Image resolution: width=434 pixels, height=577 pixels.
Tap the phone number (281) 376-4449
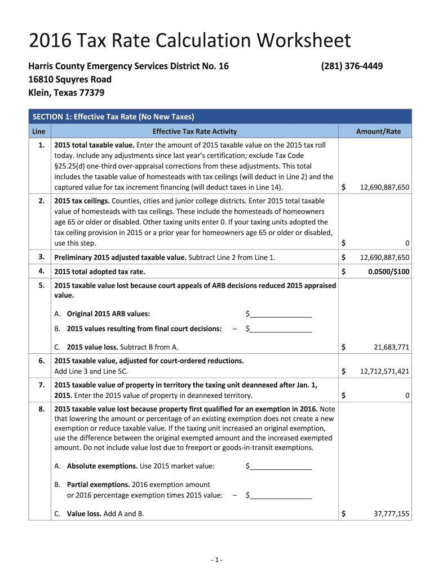tap(352, 66)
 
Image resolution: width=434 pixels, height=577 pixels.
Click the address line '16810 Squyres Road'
tap(70, 79)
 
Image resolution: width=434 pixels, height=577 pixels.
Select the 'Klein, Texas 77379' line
tap(66, 92)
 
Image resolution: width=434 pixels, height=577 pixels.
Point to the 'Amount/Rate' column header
tap(378, 131)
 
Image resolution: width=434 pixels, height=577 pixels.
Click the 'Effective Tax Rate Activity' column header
tap(194, 131)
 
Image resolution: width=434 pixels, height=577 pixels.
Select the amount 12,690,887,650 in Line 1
tap(384, 187)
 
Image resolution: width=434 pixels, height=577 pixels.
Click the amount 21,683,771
tap(391, 347)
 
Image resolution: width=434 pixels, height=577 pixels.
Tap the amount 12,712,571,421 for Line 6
tap(384, 371)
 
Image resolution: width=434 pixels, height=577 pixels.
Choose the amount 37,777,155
tap(391, 514)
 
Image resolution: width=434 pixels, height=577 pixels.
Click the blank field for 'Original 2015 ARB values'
tap(281, 314)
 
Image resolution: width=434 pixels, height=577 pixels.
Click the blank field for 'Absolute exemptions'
tap(281, 466)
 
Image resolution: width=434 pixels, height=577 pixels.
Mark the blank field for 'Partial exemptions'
tap(281, 496)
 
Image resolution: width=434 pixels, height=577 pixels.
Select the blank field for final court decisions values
tap(281, 329)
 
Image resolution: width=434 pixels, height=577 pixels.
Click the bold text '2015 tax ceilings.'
tap(81, 201)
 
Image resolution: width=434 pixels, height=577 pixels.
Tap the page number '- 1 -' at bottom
tap(217, 560)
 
